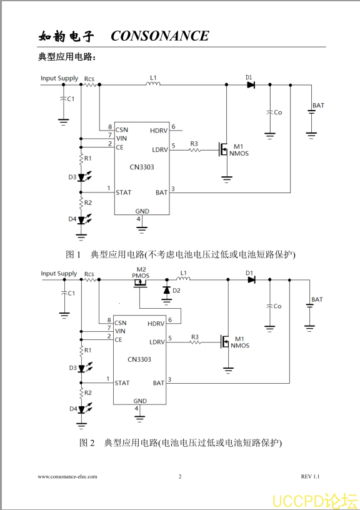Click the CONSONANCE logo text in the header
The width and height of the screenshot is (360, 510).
pos(159,36)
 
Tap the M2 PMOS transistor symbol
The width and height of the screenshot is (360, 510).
pos(140,283)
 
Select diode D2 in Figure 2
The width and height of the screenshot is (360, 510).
pos(167,290)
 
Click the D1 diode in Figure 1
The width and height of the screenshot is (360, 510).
pos(251,85)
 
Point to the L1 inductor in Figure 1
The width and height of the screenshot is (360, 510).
pos(153,84)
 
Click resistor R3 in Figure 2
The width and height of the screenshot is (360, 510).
pos(195,342)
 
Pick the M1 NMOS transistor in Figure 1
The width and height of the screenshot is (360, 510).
pos(224,149)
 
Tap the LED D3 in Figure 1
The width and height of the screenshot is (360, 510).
pos(82,177)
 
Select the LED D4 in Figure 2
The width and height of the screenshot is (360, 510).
pos(82,409)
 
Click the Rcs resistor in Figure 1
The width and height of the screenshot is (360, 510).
pos(90,85)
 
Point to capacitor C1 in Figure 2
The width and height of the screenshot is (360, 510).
pos(64,292)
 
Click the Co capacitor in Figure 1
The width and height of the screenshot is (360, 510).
pos(269,112)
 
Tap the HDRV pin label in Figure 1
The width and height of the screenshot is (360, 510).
pos(159,131)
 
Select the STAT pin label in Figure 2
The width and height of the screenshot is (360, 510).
pos(122,383)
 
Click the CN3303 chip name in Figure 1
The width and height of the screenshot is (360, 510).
pos(142,167)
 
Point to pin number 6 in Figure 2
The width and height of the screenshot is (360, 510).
pos(170,320)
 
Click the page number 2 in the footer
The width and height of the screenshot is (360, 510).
pos(180,476)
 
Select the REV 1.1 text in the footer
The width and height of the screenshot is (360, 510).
pos(310,476)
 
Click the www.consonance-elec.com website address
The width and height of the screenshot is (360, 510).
pos(67,477)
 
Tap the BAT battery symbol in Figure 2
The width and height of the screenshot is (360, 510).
pos(309,306)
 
